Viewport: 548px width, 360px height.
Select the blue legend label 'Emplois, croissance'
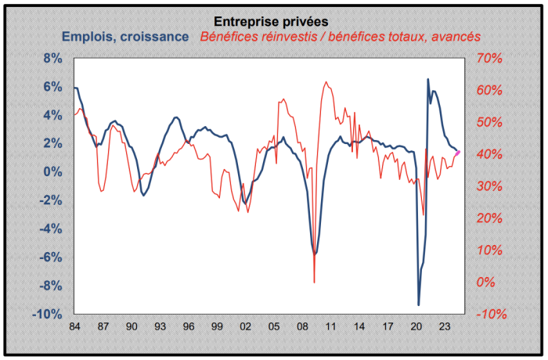(x=124, y=36)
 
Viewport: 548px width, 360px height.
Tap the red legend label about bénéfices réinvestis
(x=340, y=36)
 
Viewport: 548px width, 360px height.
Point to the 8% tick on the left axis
(x=52, y=59)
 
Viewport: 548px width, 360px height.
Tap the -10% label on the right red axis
(x=492, y=315)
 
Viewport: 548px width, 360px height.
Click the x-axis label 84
(x=74, y=326)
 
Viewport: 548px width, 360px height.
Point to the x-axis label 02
(x=245, y=326)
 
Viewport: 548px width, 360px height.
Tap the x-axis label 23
(x=444, y=326)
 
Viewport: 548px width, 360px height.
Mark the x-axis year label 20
(x=416, y=326)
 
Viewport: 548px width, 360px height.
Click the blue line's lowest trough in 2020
(x=419, y=304)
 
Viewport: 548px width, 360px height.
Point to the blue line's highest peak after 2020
(x=427, y=79)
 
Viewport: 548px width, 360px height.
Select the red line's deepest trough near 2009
(x=314, y=282)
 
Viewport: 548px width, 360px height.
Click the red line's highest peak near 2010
(x=325, y=81)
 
